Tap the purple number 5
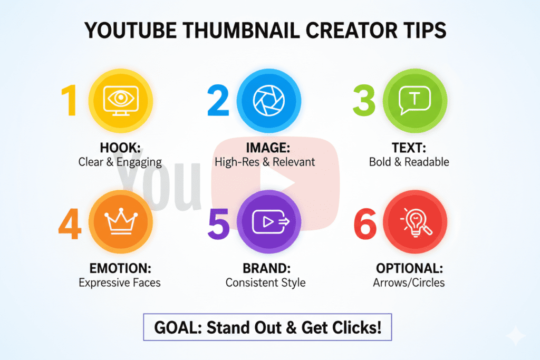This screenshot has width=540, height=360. (218, 224)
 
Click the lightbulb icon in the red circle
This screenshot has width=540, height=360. (414, 222)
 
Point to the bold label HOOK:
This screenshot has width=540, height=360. (120, 148)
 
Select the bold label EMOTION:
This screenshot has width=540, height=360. (120, 268)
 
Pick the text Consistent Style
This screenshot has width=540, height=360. (265, 283)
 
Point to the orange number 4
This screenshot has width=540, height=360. (70, 224)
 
